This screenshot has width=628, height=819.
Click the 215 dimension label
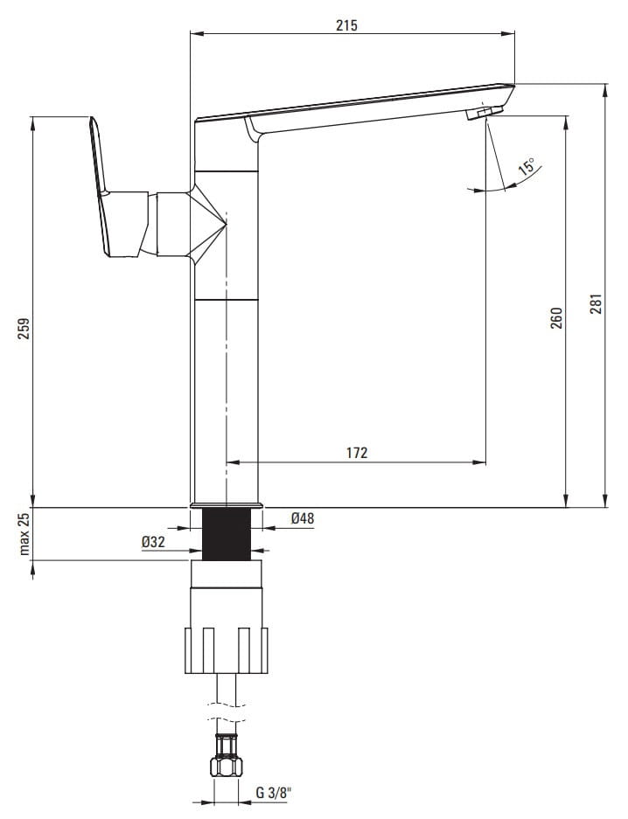click(x=347, y=25)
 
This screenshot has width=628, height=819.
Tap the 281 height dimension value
click(x=597, y=303)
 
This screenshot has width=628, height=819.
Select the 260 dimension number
click(x=557, y=318)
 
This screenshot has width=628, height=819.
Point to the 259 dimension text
click(x=24, y=328)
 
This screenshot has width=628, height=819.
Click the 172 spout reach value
click(x=357, y=453)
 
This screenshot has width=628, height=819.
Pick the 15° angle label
click(x=527, y=167)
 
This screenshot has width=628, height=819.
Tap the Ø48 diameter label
click(x=303, y=518)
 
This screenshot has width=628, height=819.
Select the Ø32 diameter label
click(x=153, y=542)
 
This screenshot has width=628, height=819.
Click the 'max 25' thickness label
click(x=24, y=534)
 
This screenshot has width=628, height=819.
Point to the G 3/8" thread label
click(x=273, y=793)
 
